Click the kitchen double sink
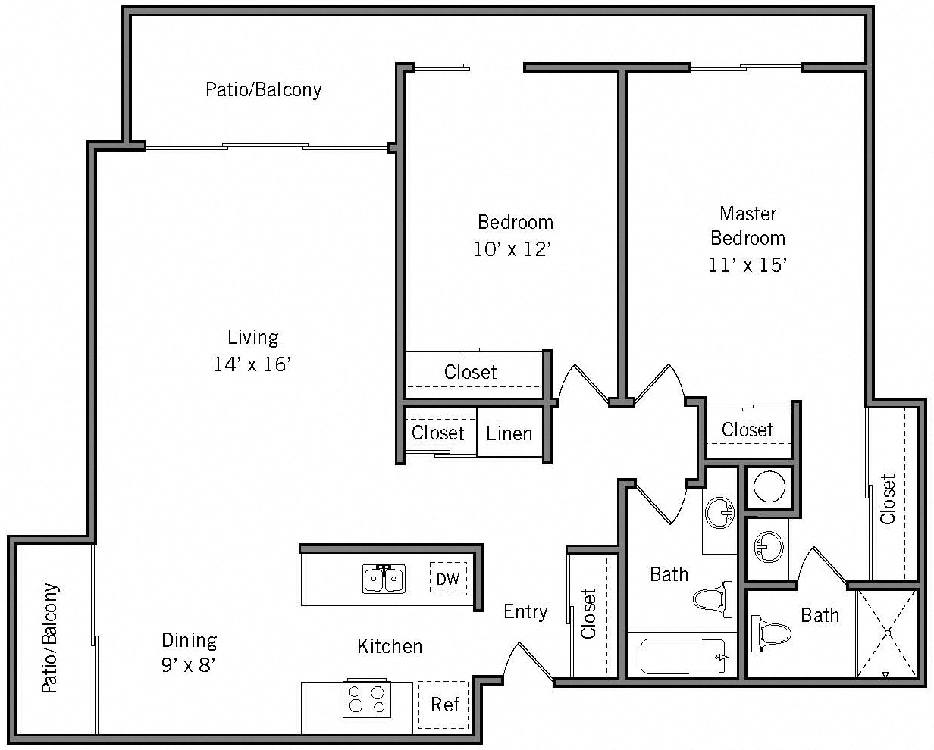pos(384,580)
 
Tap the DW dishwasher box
pos(448,580)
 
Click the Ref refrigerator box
pos(444,705)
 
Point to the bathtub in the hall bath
pos(683,656)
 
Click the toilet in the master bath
pos(769,633)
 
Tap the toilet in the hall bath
pos(713,599)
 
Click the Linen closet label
pos(509,434)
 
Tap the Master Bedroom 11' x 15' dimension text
pos(748,264)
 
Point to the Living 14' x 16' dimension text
pos(252,364)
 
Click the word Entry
pos(525,611)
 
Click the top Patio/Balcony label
pos(263,89)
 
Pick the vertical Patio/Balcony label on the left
pos(49,638)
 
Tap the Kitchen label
pos(390,646)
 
